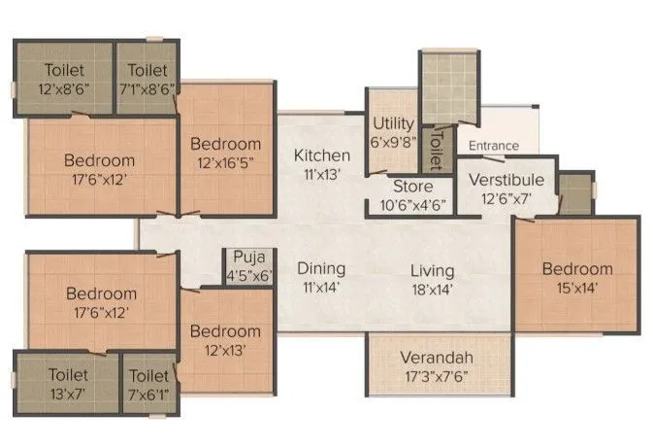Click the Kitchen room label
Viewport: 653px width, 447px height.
pyautogui.click(x=322, y=155)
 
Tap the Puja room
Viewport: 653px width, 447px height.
pyautogui.click(x=238, y=265)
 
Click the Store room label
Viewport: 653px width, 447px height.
pyautogui.click(x=411, y=187)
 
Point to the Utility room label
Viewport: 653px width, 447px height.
pyautogui.click(x=394, y=124)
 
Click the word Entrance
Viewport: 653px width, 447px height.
pyautogui.click(x=493, y=146)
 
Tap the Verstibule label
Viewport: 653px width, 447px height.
pyautogui.click(x=506, y=181)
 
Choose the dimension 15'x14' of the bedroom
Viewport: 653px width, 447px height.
pyautogui.click(x=576, y=287)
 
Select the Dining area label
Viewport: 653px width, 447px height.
pyautogui.click(x=321, y=269)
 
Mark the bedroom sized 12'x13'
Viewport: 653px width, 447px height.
pyautogui.click(x=225, y=340)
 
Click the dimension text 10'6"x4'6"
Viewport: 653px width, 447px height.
pyautogui.click(x=411, y=204)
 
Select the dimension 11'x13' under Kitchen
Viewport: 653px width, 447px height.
pyautogui.click(x=322, y=175)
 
